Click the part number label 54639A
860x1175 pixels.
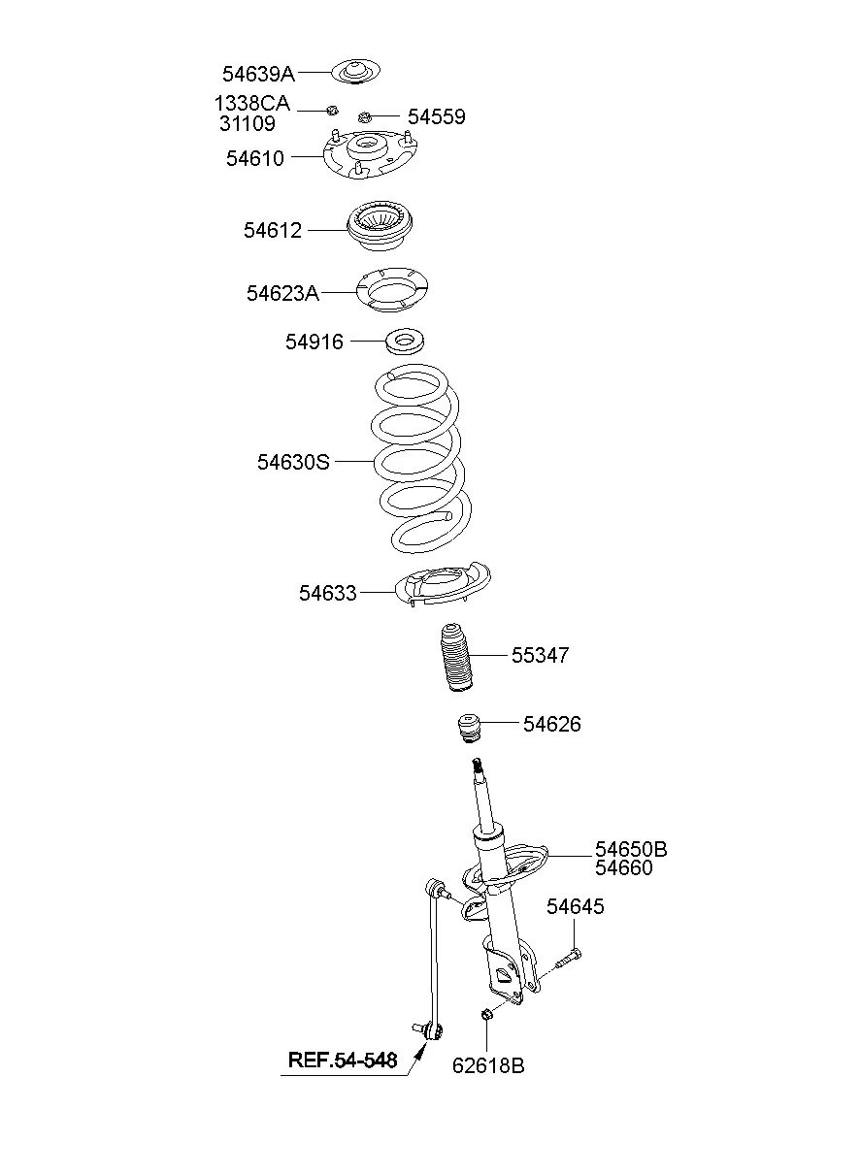click(258, 73)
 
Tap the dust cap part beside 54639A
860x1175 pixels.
click(356, 72)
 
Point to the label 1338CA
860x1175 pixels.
click(251, 104)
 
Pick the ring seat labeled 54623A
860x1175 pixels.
click(393, 290)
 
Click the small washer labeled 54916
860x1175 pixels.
click(406, 342)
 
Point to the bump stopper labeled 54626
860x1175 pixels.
click(471, 728)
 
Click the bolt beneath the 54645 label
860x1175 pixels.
click(568, 960)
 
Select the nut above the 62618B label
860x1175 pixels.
click(487, 1014)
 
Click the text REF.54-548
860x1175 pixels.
click(343, 1061)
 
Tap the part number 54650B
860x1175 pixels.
click(631, 850)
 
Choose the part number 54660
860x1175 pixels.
click(624, 868)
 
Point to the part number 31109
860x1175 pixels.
click(247, 124)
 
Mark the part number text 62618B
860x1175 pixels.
click(488, 1066)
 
